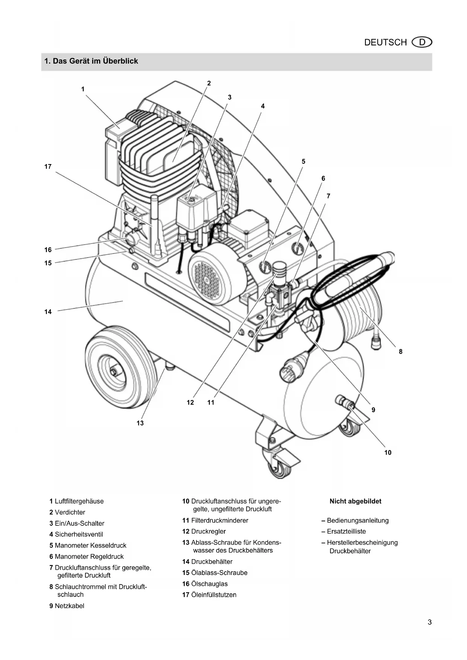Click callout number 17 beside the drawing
[x=48, y=166]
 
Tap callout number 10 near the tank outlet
[x=388, y=452]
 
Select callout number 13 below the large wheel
[x=140, y=423]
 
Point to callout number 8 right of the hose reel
[x=401, y=351]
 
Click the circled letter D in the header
[x=422, y=42]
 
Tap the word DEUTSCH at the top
[x=386, y=43]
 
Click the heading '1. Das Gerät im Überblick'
[x=91, y=61]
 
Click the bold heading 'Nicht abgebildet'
[x=356, y=501]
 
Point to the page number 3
[x=430, y=622]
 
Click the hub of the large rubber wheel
[x=113, y=372]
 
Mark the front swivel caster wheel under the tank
[x=279, y=468]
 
